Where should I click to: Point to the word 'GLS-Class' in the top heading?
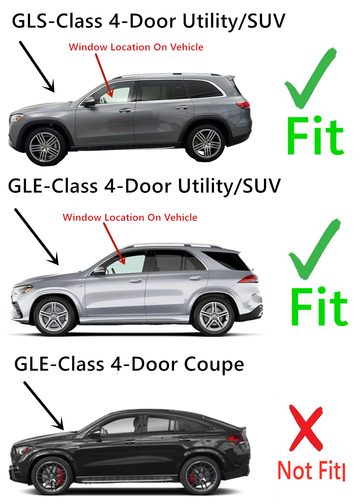click(x=57, y=21)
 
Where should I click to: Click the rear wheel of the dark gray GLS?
click(x=206, y=143)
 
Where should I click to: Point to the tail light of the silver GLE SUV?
click(x=249, y=279)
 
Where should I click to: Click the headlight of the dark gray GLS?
click(x=17, y=118)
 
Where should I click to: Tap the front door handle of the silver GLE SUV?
click(x=136, y=281)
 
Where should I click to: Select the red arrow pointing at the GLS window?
click(x=104, y=75)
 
